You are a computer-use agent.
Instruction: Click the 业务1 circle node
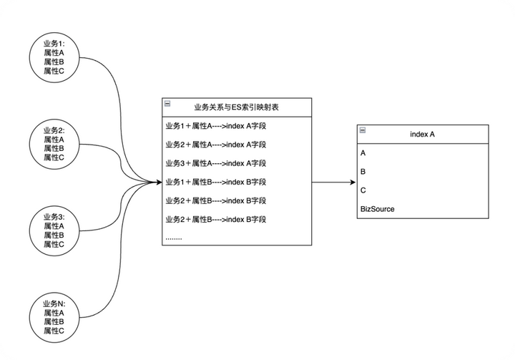click(54, 57)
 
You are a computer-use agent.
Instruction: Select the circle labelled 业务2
click(54, 143)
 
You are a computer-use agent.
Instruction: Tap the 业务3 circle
click(54, 230)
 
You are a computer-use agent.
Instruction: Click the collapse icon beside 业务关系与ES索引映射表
click(167, 104)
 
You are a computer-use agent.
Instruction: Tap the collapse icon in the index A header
click(362, 130)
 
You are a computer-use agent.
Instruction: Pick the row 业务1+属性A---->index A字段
click(215, 126)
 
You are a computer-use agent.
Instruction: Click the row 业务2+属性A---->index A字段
click(215, 145)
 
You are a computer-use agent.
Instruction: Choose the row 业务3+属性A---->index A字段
click(215, 163)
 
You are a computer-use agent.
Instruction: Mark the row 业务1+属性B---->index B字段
click(215, 182)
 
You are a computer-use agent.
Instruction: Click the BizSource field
click(377, 209)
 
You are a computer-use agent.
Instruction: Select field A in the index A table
click(363, 153)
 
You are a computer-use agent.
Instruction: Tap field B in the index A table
click(363, 172)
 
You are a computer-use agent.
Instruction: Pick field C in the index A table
click(363, 190)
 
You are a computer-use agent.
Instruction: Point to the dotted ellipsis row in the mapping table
click(174, 236)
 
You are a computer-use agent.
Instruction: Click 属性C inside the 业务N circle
click(54, 331)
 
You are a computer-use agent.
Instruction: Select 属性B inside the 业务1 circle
click(54, 62)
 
